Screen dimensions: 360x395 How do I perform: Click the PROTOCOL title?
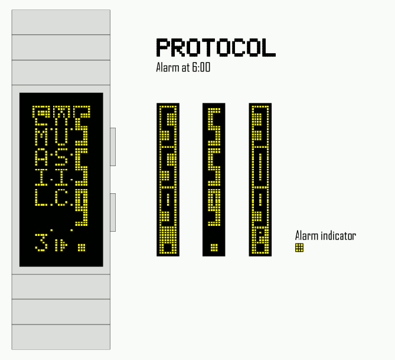pyautogui.click(x=216, y=48)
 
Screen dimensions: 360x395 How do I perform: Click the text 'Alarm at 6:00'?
pyautogui.click(x=183, y=67)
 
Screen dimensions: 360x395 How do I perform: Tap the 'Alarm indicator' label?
pyautogui.click(x=325, y=236)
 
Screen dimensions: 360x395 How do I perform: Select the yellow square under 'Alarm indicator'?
pyautogui.click(x=299, y=248)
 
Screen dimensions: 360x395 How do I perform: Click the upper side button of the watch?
pyautogui.click(x=113, y=146)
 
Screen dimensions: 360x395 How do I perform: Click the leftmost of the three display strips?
pyautogui.click(x=168, y=180)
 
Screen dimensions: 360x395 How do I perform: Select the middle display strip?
pyautogui.click(x=214, y=180)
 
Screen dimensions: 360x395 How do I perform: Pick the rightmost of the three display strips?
pyautogui.click(x=260, y=180)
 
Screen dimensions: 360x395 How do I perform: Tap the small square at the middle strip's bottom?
pyautogui.click(x=214, y=247)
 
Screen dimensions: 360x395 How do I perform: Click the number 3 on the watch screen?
pyautogui.click(x=41, y=244)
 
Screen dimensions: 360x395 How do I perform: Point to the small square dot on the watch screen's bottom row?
pyautogui.click(x=81, y=247)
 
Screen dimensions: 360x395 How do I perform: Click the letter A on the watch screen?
pyautogui.click(x=40, y=157)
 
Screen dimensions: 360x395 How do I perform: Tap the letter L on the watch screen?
pyautogui.click(x=40, y=197)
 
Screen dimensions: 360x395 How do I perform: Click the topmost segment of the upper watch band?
pyautogui.click(x=61, y=22)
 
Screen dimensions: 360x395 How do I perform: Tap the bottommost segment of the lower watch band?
pyautogui.click(x=61, y=337)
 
